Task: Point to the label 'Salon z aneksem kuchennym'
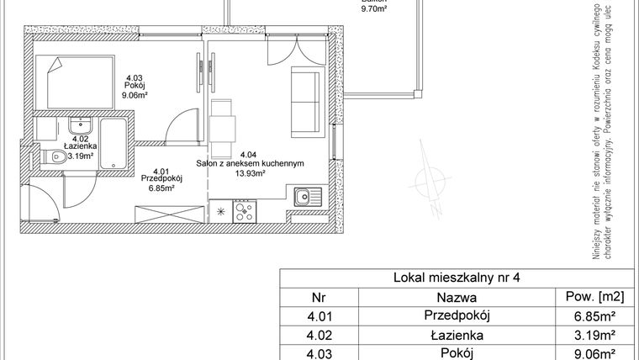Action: pos(250,164)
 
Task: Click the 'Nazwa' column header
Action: pos(457,297)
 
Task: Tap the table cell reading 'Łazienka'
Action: pos(457,335)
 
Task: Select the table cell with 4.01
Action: pos(318,316)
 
